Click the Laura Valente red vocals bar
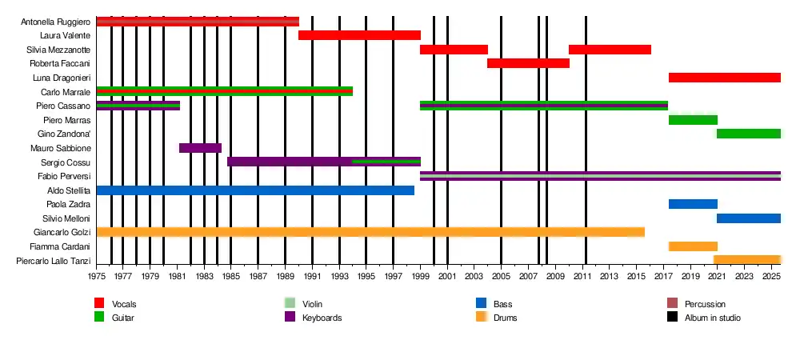[x=359, y=35]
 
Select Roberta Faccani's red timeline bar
[x=528, y=63]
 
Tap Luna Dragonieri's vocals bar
[x=724, y=78]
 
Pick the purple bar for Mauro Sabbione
[x=200, y=148]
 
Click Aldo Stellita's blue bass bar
[x=255, y=190]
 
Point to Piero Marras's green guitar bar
[x=693, y=120]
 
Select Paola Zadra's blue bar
[x=693, y=204]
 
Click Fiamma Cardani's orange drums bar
[x=693, y=246]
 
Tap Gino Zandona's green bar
[x=748, y=134]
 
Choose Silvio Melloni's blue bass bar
[x=748, y=218]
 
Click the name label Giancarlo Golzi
[x=59, y=233]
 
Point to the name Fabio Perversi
[x=64, y=176]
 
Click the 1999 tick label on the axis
[x=421, y=277]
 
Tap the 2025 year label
[x=771, y=277]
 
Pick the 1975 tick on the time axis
[x=96, y=277]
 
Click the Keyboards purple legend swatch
[x=290, y=318]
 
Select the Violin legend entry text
[x=313, y=305]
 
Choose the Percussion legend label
[x=705, y=305]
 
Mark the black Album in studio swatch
[x=672, y=318]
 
